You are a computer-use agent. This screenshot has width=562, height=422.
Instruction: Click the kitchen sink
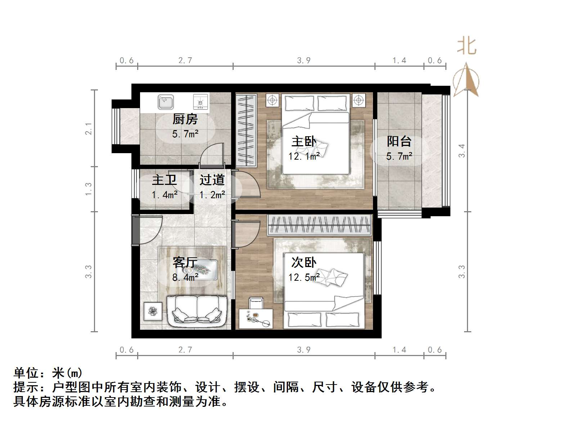[166, 102]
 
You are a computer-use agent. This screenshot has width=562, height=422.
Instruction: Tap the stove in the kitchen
[201, 102]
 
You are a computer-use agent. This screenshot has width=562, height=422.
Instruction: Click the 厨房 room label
[185, 119]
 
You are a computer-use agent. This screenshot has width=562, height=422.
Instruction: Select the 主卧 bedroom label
[304, 141]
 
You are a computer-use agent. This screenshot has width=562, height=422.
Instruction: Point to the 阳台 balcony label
[399, 141]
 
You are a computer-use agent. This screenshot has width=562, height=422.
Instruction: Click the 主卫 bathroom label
[164, 180]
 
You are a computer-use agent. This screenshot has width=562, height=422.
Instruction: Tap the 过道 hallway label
[212, 180]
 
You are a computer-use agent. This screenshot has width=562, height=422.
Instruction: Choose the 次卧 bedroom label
[304, 262]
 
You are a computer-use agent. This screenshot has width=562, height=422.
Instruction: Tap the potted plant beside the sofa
[153, 312]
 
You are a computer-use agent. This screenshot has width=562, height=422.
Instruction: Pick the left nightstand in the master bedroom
[273, 100]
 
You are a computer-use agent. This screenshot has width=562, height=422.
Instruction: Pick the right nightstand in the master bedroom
[359, 100]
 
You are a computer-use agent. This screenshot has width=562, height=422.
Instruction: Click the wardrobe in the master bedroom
[246, 130]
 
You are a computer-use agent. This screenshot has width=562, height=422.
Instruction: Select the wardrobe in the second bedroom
[320, 225]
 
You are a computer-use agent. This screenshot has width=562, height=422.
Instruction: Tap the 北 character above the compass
[467, 46]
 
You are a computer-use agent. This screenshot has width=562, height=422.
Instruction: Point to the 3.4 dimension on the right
[462, 151]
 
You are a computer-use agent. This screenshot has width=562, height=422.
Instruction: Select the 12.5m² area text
[304, 277]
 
